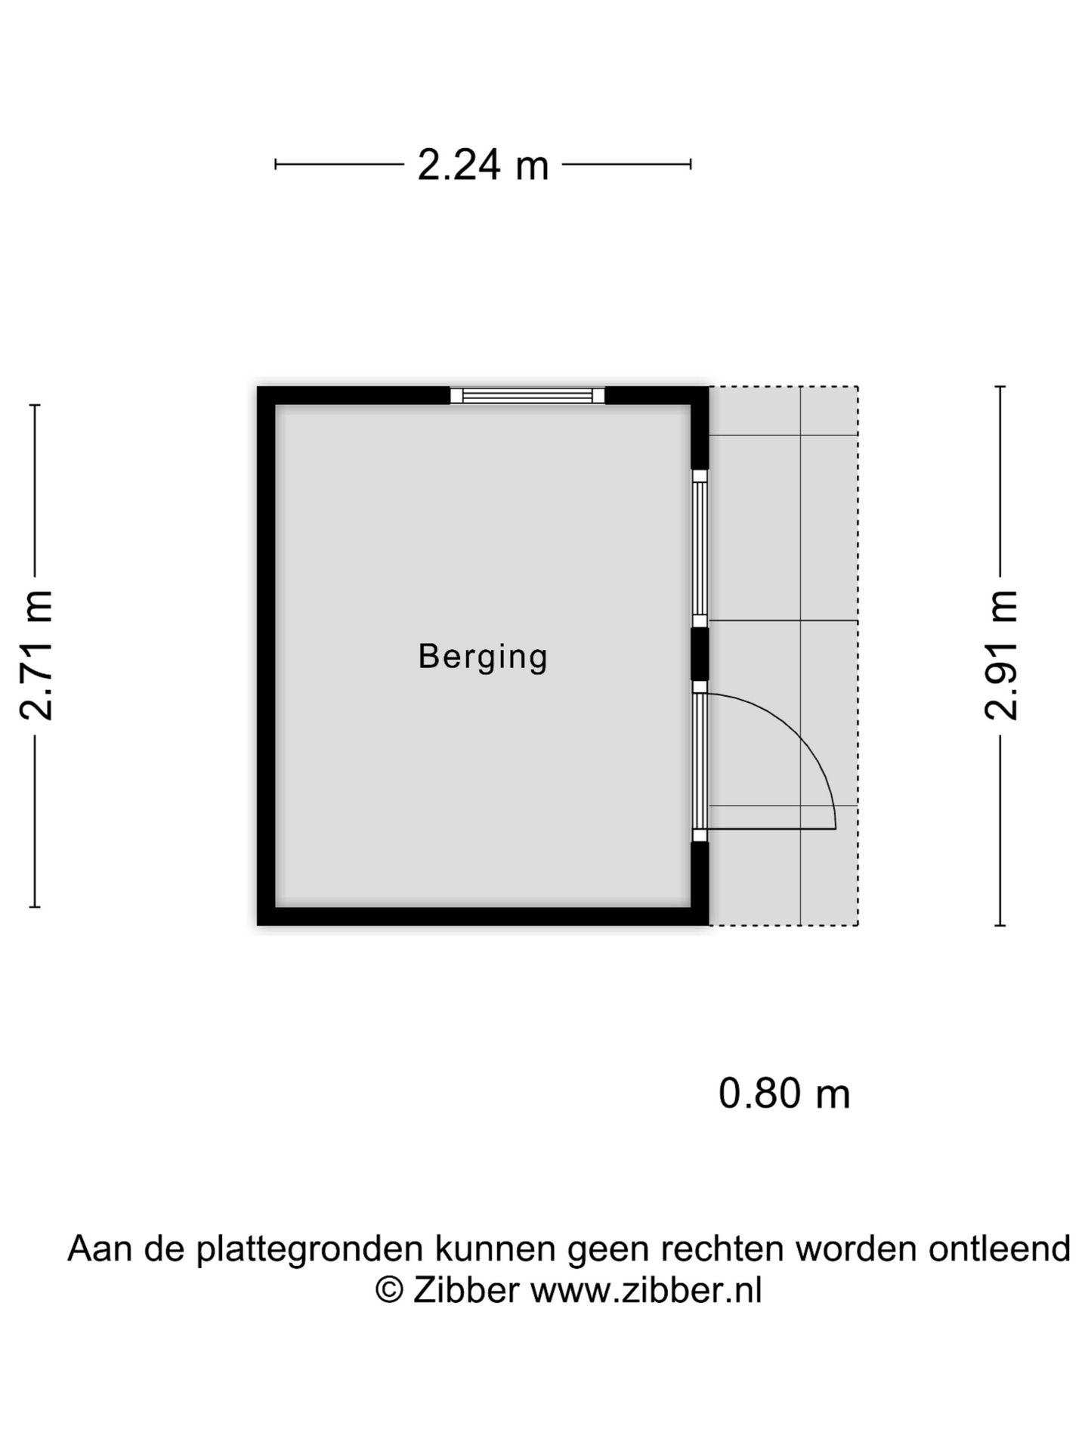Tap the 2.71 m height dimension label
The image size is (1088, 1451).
click(36, 654)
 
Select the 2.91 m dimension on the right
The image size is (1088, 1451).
click(1001, 654)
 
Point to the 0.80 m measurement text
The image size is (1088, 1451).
click(784, 1094)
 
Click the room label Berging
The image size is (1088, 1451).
click(483, 656)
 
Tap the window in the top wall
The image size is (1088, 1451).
click(527, 395)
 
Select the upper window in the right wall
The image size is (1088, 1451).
click(700, 548)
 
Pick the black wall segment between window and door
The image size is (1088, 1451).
click(700, 654)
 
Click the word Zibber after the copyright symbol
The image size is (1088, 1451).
click(466, 1290)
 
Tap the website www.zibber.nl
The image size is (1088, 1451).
click(646, 1290)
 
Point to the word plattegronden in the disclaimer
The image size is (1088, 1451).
click(309, 1249)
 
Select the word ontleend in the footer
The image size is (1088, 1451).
click(999, 1249)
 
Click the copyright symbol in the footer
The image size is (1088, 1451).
click(389, 1290)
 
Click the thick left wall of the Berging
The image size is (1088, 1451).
click(266, 654)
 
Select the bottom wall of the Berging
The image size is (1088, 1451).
click(483, 916)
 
